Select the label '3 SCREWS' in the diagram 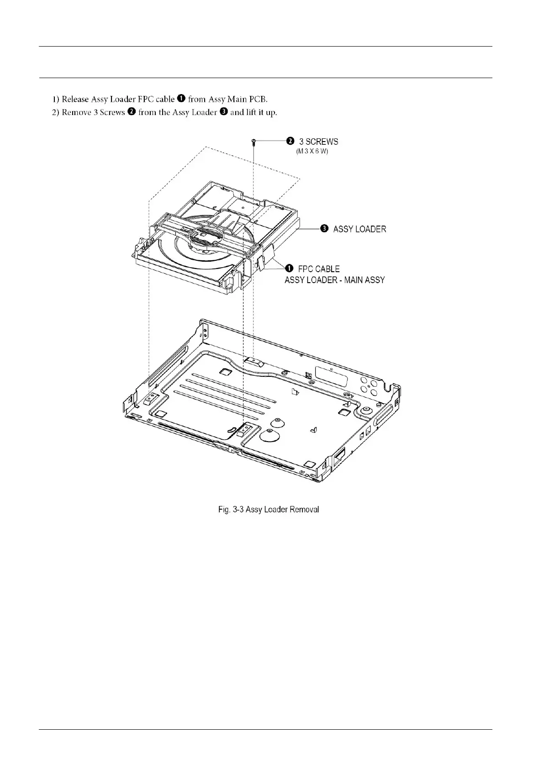tap(318, 142)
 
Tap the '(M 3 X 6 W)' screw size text tap(312, 151)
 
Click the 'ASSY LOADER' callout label tap(359, 229)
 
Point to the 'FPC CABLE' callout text tap(319, 269)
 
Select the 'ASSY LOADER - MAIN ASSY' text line tap(334, 279)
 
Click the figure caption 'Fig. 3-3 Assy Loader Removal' tap(269, 509)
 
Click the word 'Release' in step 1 tap(75, 99)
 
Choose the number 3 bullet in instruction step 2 tap(224, 112)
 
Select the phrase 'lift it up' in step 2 tap(261, 112)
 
